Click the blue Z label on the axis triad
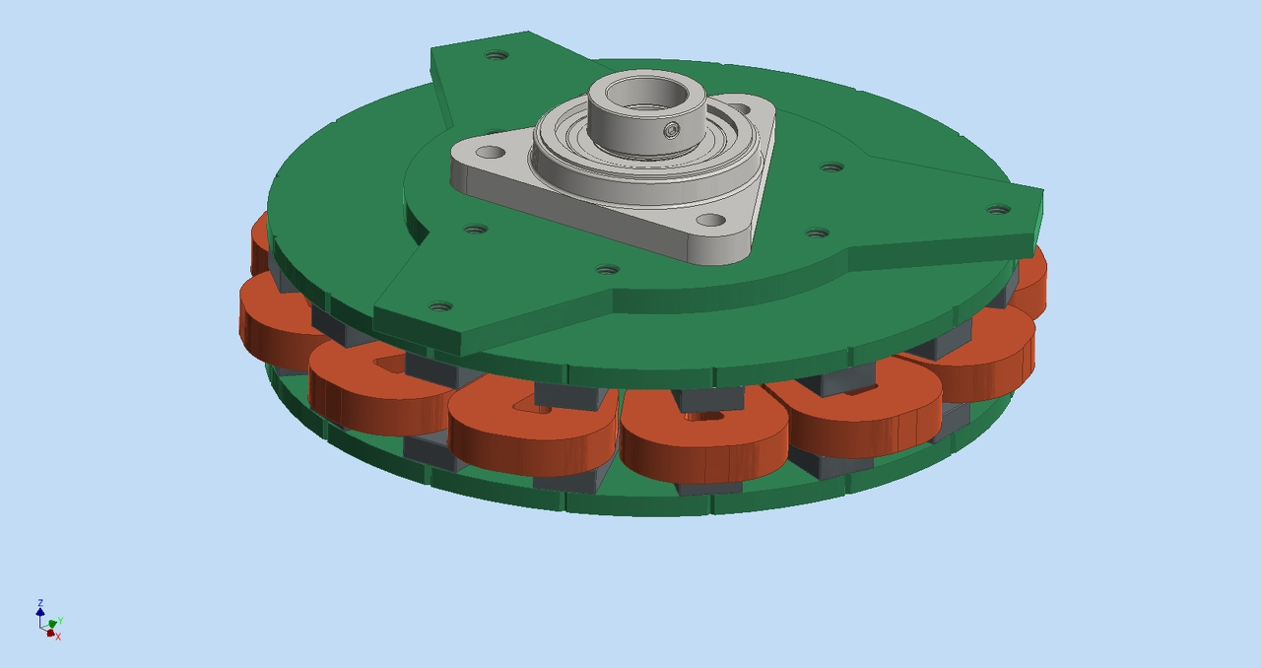[40, 603]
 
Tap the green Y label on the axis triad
[60, 620]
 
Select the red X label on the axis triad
[58, 637]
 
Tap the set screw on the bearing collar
[671, 131]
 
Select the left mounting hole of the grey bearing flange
[490, 152]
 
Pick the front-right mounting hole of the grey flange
[711, 221]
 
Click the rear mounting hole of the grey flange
[742, 107]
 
